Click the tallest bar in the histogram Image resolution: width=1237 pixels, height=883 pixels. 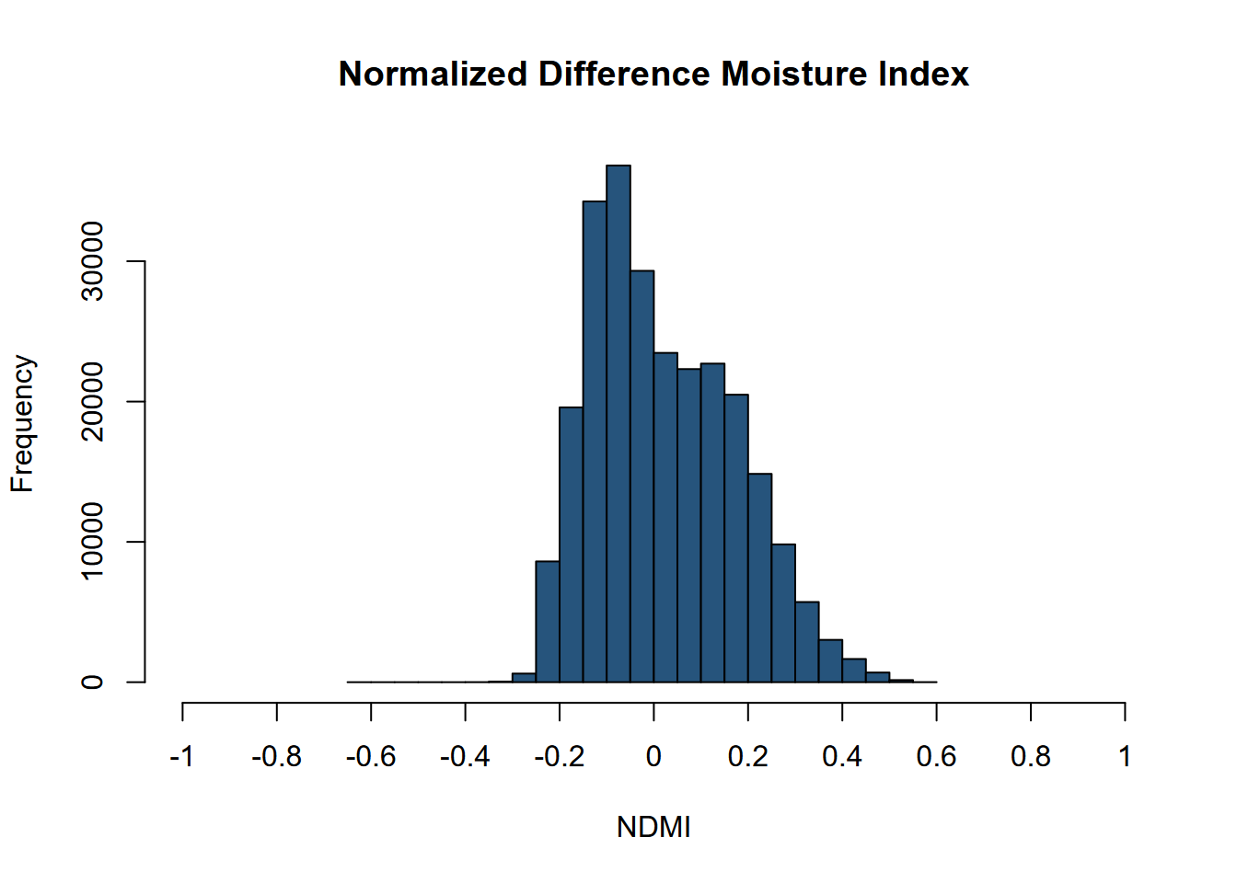pos(618,423)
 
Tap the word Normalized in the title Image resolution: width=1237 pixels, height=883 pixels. pos(433,75)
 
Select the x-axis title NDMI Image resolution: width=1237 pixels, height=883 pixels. pos(653,827)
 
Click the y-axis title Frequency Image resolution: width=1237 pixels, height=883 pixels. pos(22,424)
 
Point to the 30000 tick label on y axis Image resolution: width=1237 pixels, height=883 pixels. pos(93,261)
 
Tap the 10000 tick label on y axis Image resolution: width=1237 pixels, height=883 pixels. pos(93,542)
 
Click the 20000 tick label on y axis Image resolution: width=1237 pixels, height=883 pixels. pos(93,402)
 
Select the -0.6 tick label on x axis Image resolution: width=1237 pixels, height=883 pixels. pos(370,757)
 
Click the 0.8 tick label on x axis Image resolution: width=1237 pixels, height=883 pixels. pos(1030,757)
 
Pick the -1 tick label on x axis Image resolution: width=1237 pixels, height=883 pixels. pos(181,757)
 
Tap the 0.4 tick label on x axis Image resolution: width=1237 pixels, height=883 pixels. pos(841,757)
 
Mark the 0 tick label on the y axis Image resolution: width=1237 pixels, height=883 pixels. pos(93,682)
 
